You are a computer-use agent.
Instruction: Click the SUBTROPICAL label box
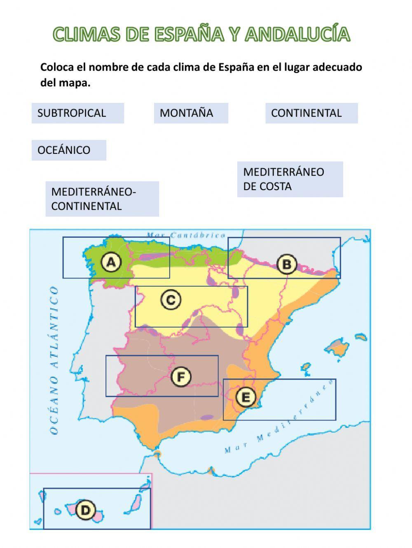click(x=77, y=113)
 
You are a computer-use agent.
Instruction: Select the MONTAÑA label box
click(x=191, y=113)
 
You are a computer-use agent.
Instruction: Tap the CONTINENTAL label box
click(x=311, y=113)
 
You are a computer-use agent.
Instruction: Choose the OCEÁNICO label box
click(x=69, y=150)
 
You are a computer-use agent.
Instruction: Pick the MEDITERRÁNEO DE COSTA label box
click(x=290, y=179)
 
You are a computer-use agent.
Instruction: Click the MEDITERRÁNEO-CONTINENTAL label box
click(x=102, y=199)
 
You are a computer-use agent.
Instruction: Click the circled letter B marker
click(x=286, y=264)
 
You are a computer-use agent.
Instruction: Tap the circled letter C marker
click(x=171, y=300)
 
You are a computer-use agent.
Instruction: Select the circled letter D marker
click(x=85, y=510)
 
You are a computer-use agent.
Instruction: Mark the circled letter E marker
click(x=246, y=397)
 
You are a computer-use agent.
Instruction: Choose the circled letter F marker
click(x=181, y=376)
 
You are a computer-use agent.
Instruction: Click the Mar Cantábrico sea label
click(x=186, y=235)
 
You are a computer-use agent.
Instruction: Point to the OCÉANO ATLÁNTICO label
click(x=54, y=360)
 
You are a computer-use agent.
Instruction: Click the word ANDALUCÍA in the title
click(x=297, y=35)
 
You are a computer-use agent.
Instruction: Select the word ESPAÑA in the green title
click(x=189, y=35)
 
